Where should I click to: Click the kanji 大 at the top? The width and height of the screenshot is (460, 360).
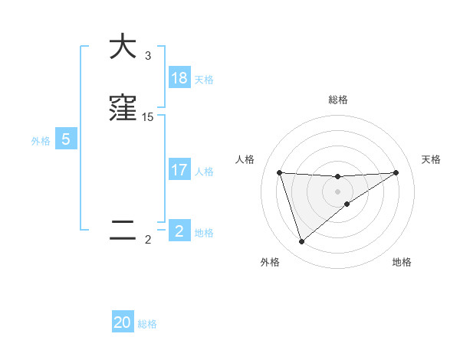pyautogui.click(x=123, y=47)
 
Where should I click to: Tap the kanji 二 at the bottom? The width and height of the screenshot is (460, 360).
pyautogui.click(x=123, y=231)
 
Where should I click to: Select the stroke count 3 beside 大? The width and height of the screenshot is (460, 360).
pyautogui.click(x=148, y=56)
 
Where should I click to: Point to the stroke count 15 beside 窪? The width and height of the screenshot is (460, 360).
pyautogui.click(x=148, y=117)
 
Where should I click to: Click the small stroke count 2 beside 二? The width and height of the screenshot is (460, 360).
pyautogui.click(x=148, y=240)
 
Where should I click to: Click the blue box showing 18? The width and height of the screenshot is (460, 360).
pyautogui.click(x=179, y=78)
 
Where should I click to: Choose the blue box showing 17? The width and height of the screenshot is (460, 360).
pyautogui.click(x=179, y=170)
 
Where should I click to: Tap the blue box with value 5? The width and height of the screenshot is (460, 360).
pyautogui.click(x=66, y=139)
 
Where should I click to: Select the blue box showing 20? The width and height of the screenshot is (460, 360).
pyautogui.click(x=123, y=322)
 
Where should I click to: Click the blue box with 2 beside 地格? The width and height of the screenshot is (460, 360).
pyautogui.click(x=179, y=231)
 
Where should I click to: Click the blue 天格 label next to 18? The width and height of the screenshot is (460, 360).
pyautogui.click(x=204, y=80)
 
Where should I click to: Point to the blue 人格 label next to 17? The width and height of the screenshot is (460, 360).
pyautogui.click(x=204, y=172)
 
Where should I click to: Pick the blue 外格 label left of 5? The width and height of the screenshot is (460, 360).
pyautogui.click(x=41, y=141)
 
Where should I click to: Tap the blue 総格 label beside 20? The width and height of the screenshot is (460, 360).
pyautogui.click(x=147, y=324)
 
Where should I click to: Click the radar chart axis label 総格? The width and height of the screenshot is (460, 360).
pyautogui.click(x=337, y=100)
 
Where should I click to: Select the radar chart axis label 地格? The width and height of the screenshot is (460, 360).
pyautogui.click(x=402, y=262)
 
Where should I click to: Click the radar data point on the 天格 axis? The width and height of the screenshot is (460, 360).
pyautogui.click(x=396, y=172)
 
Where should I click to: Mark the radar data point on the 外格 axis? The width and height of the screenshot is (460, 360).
pyautogui.click(x=301, y=242)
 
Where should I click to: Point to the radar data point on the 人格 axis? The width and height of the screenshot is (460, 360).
pyautogui.click(x=279, y=172)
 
